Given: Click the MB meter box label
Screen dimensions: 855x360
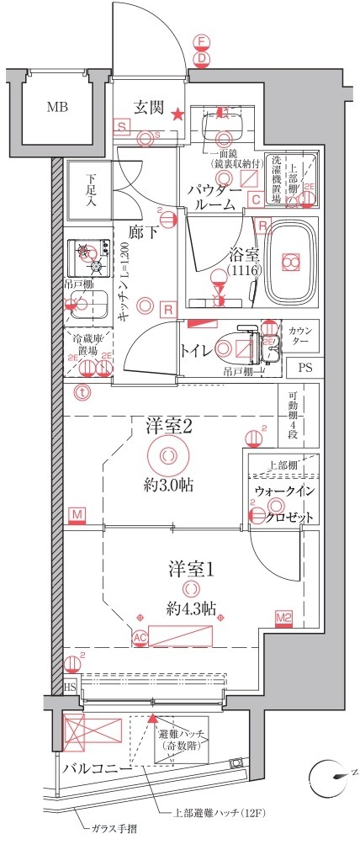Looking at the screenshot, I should coord(57,107).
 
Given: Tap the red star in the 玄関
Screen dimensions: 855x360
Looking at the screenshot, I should coord(177,114).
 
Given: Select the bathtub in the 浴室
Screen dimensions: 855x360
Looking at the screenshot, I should coord(290,263).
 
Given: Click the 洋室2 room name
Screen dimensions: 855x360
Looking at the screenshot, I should coord(169,427).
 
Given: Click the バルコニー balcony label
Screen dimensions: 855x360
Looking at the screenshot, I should coord(95,769).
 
